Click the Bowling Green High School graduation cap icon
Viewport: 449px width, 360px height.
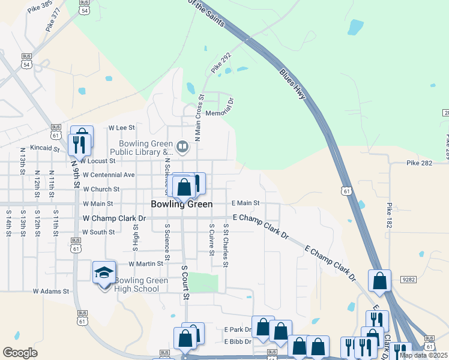(x=104, y=273)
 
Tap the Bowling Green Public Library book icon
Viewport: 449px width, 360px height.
(x=182, y=145)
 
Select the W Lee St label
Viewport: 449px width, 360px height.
(x=122, y=128)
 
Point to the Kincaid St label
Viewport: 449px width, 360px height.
(x=44, y=148)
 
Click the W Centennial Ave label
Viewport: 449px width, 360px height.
(x=109, y=175)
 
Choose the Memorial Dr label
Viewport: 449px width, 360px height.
(x=219, y=113)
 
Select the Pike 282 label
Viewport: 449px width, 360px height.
(x=420, y=163)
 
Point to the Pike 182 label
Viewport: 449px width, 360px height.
(x=390, y=216)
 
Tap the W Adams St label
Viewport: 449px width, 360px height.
(x=52, y=291)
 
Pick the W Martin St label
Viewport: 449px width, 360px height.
(x=146, y=263)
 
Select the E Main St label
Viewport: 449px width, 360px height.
(x=245, y=203)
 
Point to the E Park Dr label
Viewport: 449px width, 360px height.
(x=238, y=329)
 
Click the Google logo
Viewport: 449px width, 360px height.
(x=20, y=353)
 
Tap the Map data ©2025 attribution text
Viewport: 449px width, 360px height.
(x=423, y=355)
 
